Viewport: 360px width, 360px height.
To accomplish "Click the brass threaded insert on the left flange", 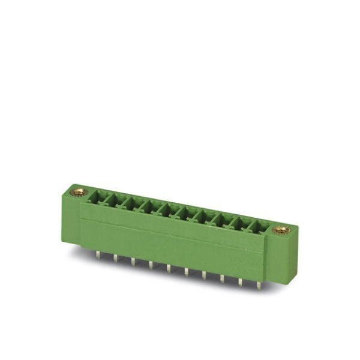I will [78, 192].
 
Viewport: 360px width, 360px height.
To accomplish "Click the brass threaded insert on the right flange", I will [281, 230].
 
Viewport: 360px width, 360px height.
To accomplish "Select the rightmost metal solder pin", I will [259, 284].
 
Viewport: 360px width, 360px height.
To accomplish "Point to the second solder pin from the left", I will [115, 257].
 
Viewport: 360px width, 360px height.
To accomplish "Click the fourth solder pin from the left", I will [151, 264].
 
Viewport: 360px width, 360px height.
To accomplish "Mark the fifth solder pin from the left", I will [169, 268].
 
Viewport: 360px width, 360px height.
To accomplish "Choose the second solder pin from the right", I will [241, 281].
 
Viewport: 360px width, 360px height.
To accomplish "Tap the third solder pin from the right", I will [223, 278].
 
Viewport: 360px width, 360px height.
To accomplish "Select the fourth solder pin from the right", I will [205, 274].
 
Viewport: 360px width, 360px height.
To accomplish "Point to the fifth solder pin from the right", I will [187, 271].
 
